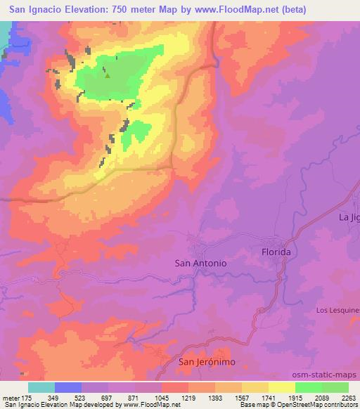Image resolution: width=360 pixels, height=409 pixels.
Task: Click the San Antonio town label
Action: (200, 262)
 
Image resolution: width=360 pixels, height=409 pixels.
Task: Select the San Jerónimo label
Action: (207, 362)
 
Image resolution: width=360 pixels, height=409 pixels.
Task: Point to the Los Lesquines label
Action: (337, 310)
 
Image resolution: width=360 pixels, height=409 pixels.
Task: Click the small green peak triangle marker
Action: (107, 74)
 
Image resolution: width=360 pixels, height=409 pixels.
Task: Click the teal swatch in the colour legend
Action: (41, 387)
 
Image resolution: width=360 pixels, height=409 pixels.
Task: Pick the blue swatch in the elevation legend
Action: (68, 387)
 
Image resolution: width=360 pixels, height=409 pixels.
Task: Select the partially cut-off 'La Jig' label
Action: (349, 217)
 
